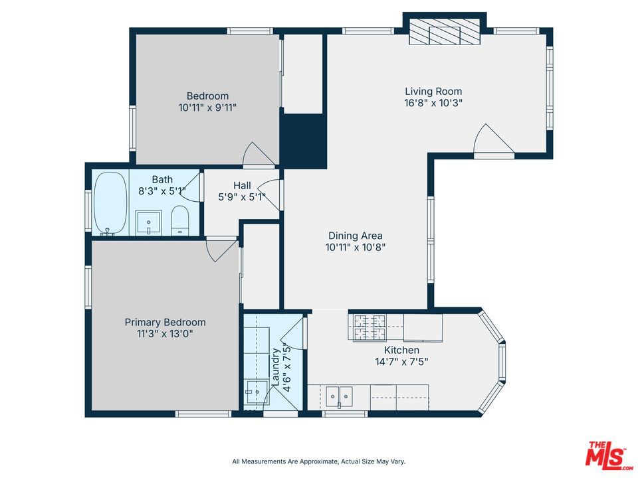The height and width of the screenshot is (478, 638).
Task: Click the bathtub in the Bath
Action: tap(110, 203)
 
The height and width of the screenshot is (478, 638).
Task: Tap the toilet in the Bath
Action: tap(180, 220)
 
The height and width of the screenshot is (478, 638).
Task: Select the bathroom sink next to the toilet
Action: tap(148, 222)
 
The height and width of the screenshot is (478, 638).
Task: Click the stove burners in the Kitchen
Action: tap(370, 327)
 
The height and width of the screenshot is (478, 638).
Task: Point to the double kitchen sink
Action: tap(340, 396)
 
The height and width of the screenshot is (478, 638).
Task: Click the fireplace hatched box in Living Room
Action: tap(445, 33)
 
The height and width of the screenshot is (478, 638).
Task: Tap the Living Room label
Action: tap(433, 91)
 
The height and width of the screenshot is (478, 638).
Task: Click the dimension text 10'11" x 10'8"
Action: tap(355, 247)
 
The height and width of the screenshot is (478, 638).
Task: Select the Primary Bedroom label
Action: tap(165, 323)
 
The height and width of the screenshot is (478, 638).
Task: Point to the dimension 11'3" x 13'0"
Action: tap(165, 334)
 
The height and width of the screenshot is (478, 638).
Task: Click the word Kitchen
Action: tap(401, 350)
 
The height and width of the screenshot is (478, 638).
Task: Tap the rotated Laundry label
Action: tap(275, 367)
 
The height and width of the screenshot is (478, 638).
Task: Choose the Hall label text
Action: tap(242, 186)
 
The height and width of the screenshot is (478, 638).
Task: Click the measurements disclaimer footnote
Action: tap(318, 461)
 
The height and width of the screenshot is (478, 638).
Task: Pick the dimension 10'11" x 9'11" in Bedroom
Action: tap(207, 108)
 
